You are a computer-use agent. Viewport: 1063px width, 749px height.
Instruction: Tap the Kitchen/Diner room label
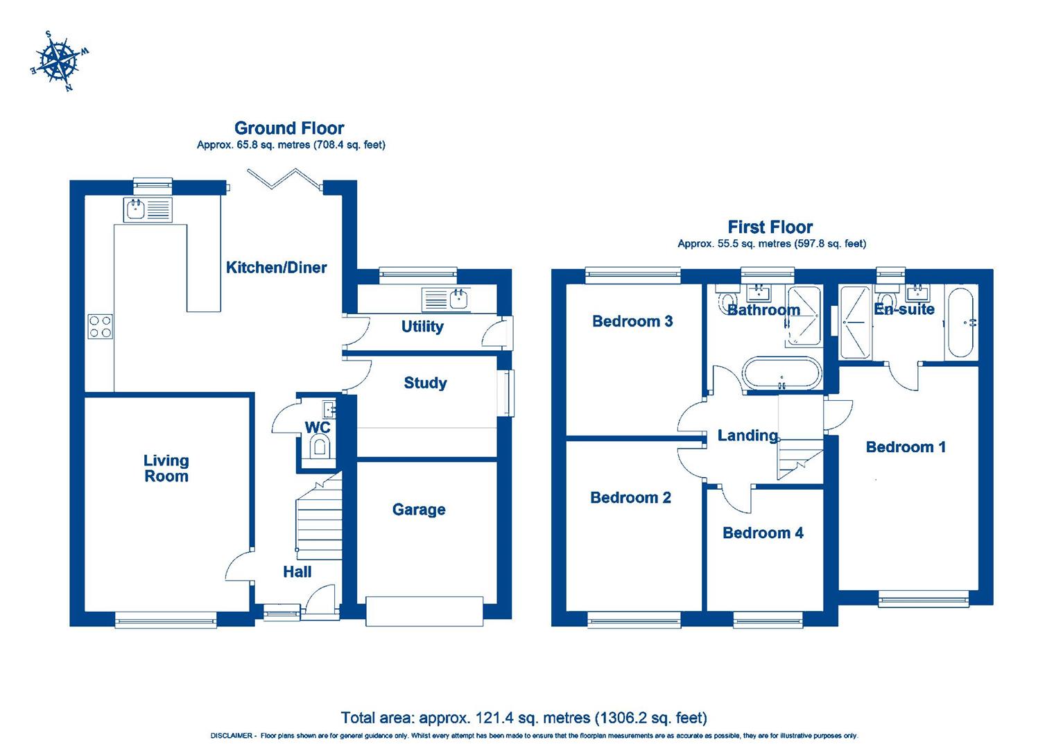click(x=276, y=268)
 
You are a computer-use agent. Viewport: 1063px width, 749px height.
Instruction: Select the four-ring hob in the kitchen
click(x=101, y=326)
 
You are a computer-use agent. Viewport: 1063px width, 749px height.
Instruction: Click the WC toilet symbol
click(x=320, y=447)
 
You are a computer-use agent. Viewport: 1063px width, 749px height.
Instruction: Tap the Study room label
click(x=425, y=383)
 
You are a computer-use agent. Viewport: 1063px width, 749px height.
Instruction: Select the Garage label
click(x=418, y=510)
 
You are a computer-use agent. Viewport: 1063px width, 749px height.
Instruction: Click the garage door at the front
click(x=424, y=610)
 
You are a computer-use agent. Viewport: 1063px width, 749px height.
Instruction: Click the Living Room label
click(x=166, y=468)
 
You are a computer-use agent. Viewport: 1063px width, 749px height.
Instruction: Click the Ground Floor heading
click(x=289, y=128)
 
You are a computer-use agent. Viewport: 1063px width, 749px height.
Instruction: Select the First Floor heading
click(x=770, y=227)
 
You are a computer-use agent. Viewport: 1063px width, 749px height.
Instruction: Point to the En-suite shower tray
click(x=854, y=323)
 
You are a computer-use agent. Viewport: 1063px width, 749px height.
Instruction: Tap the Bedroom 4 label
click(x=763, y=533)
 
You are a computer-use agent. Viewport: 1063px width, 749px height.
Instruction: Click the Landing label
click(x=747, y=436)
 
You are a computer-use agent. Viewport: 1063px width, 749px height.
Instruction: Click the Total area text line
click(x=524, y=717)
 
